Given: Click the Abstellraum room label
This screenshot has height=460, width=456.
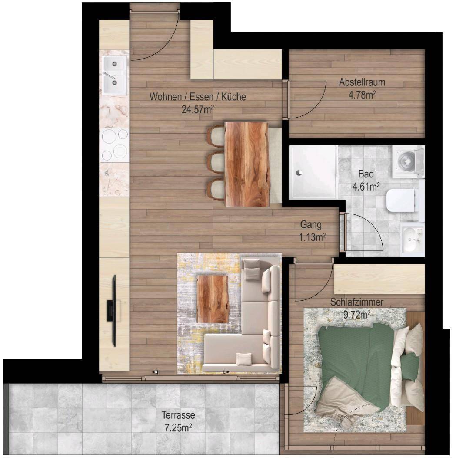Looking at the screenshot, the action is click(362, 82).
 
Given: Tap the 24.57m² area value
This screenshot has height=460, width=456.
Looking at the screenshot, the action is click(197, 110).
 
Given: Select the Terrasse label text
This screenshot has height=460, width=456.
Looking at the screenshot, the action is click(178, 415).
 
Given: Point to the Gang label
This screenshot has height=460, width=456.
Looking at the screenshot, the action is click(311, 225).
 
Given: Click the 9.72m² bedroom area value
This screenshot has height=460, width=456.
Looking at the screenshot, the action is click(357, 315).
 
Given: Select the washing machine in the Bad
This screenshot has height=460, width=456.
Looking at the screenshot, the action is click(408, 162).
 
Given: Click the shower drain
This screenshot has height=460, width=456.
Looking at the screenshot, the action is click(299, 173).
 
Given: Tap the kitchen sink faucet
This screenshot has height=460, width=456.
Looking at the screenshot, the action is click(109, 76).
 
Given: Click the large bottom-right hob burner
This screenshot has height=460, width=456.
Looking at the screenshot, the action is click(120, 151).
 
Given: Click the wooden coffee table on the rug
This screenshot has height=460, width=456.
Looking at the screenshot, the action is click(213, 299).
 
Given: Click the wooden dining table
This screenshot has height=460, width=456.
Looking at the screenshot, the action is click(247, 164).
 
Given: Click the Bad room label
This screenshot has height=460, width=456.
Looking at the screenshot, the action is click(366, 174).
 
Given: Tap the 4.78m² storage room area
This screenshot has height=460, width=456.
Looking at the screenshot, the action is click(362, 95).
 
